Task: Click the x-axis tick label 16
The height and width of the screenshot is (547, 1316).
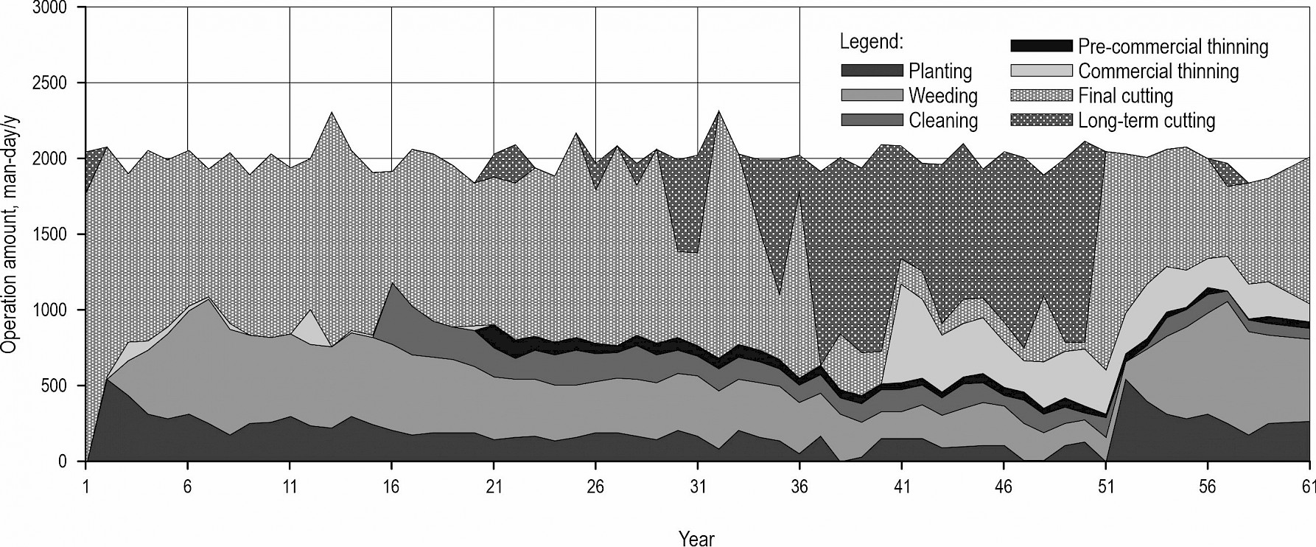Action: (x=391, y=487)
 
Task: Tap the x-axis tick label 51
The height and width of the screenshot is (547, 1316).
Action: (x=1105, y=487)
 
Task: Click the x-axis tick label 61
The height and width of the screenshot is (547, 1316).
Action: (x=1309, y=487)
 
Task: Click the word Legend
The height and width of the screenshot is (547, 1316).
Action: (x=871, y=41)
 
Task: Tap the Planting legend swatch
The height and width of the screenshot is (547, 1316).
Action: (x=872, y=71)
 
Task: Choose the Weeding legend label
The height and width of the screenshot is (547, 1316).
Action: (x=942, y=96)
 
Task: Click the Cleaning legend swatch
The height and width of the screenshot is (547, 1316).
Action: (x=872, y=120)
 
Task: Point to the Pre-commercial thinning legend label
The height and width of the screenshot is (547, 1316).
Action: (x=1173, y=47)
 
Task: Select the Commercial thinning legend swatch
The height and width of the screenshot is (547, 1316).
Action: (x=1040, y=72)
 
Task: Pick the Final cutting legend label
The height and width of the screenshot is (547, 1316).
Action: (x=1125, y=96)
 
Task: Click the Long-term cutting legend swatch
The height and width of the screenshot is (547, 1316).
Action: (x=1040, y=120)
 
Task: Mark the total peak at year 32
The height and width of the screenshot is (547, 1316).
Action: (x=718, y=111)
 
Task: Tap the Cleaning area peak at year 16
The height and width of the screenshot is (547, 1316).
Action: (x=391, y=283)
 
